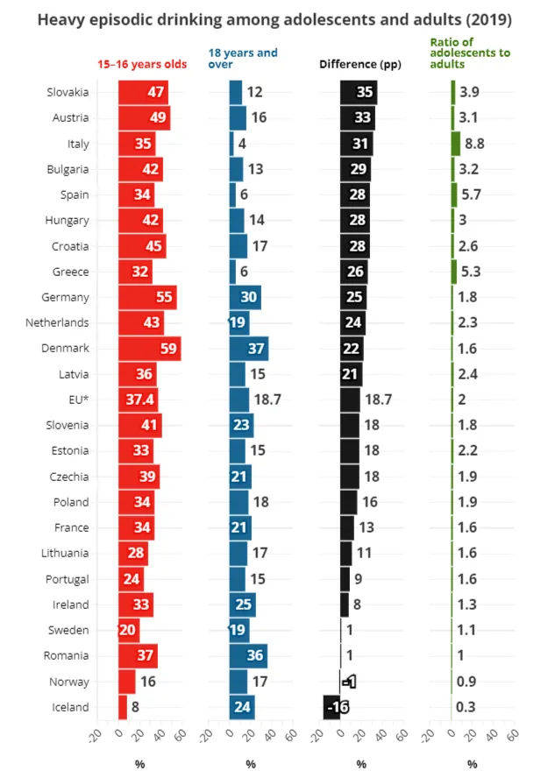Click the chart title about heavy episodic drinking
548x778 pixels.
tap(274, 20)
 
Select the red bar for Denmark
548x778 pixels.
tap(149, 349)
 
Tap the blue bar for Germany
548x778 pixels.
tap(246, 297)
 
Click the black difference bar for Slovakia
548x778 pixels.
tap(359, 92)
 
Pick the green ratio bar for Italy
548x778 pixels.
tap(456, 144)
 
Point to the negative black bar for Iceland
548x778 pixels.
tap(331, 707)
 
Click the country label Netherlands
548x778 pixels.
tap(57, 322)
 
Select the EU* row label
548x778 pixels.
tap(78, 400)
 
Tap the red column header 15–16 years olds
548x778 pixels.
tap(142, 64)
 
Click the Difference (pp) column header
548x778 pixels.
tap(360, 64)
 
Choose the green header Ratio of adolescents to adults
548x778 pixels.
tap(470, 53)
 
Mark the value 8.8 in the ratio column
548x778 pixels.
tap(474, 144)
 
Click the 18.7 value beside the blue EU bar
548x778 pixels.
tap(267, 400)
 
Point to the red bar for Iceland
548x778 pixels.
tap(123, 707)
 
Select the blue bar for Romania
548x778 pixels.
tap(248, 656)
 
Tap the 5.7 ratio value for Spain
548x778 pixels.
tap(471, 194)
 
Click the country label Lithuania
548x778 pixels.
tap(65, 553)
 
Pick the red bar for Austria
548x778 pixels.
tap(145, 118)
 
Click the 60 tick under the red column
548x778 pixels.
tap(181, 735)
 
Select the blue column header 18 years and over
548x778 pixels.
tap(243, 59)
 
